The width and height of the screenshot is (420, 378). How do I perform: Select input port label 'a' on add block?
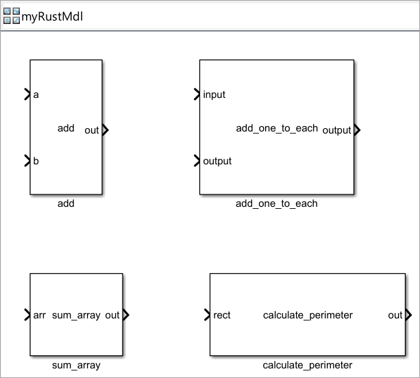(36, 94)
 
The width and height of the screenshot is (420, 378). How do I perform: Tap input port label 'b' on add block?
(36, 162)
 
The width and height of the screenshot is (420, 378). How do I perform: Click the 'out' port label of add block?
(91, 130)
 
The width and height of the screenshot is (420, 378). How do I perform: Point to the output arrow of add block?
(105, 130)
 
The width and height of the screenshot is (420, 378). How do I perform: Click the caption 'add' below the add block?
(66, 203)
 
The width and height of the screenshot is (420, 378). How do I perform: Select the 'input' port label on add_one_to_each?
(214, 94)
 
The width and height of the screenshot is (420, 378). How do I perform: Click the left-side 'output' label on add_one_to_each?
(217, 162)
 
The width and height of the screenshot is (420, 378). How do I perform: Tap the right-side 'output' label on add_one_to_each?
(336, 130)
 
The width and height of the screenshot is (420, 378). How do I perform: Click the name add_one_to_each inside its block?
(276, 128)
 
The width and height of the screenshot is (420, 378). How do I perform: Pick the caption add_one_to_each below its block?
(276, 203)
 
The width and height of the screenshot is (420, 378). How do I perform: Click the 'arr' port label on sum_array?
(39, 315)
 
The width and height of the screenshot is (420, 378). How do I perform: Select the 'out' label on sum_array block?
(112, 315)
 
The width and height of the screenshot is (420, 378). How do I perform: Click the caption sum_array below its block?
(76, 365)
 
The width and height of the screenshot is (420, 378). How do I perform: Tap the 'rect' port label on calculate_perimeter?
(222, 315)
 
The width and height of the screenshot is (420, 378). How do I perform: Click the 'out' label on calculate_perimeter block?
(395, 315)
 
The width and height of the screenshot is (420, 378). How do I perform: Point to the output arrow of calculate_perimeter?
(408, 315)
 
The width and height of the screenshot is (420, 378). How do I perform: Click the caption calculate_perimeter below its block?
(307, 365)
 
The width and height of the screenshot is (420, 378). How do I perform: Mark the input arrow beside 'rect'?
(208, 315)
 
